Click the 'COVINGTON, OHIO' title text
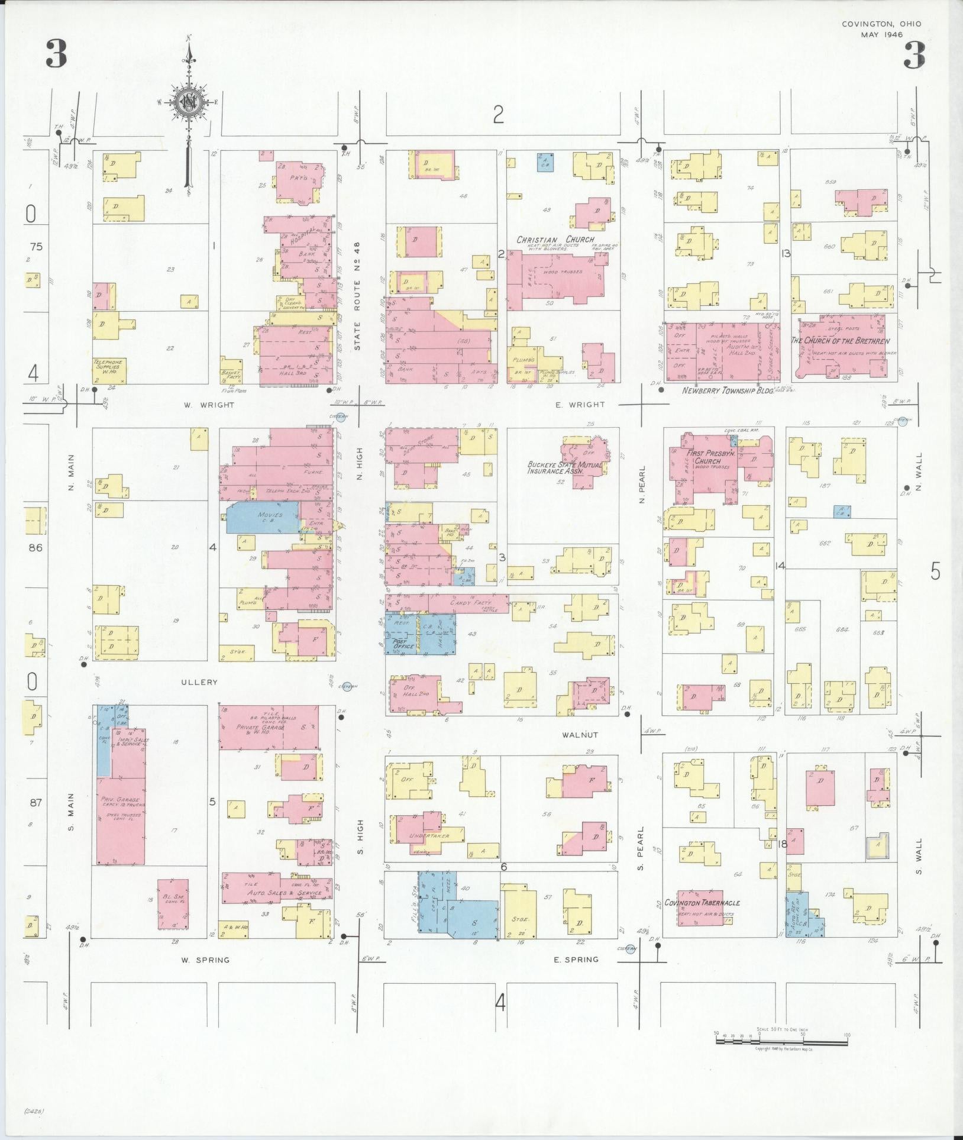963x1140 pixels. point(881,24)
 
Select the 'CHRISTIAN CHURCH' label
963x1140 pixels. point(555,240)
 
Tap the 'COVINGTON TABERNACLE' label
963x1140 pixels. point(702,903)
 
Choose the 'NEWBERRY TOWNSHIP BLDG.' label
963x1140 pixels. point(728,391)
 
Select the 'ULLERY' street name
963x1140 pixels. point(199,682)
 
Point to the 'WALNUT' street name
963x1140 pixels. point(580,735)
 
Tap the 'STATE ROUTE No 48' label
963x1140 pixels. point(357,296)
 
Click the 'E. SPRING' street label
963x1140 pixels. point(576,960)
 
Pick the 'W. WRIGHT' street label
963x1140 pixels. point(209,405)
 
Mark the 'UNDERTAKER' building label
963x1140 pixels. point(428,836)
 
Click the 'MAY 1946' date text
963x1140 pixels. point(881,34)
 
